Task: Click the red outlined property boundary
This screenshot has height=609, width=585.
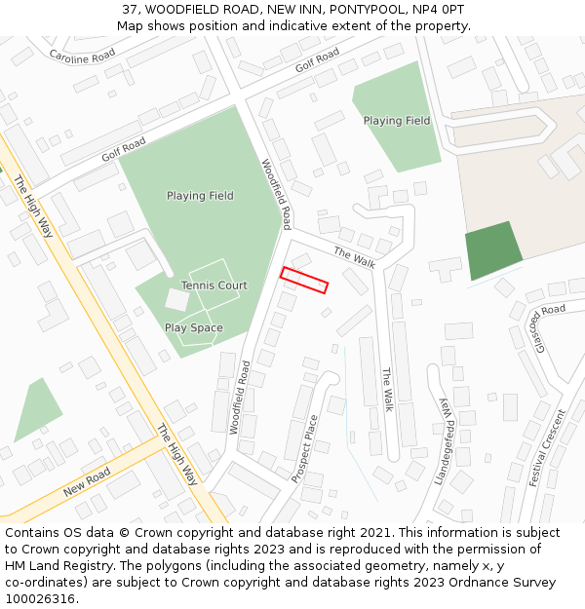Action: point(304,280)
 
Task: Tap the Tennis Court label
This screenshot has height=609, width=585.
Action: point(214,285)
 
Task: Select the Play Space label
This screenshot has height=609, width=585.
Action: point(193,328)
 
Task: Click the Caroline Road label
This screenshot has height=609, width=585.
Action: point(82,56)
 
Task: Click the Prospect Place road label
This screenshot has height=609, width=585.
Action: point(305,449)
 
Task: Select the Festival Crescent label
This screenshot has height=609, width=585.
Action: point(547,447)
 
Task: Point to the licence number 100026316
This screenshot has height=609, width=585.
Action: point(40,599)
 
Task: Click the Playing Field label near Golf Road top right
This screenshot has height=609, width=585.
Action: point(397,121)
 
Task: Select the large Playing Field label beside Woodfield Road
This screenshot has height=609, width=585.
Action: point(200,196)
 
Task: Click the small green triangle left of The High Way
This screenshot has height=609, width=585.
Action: point(37,408)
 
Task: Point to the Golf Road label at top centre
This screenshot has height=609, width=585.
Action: point(317,59)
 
